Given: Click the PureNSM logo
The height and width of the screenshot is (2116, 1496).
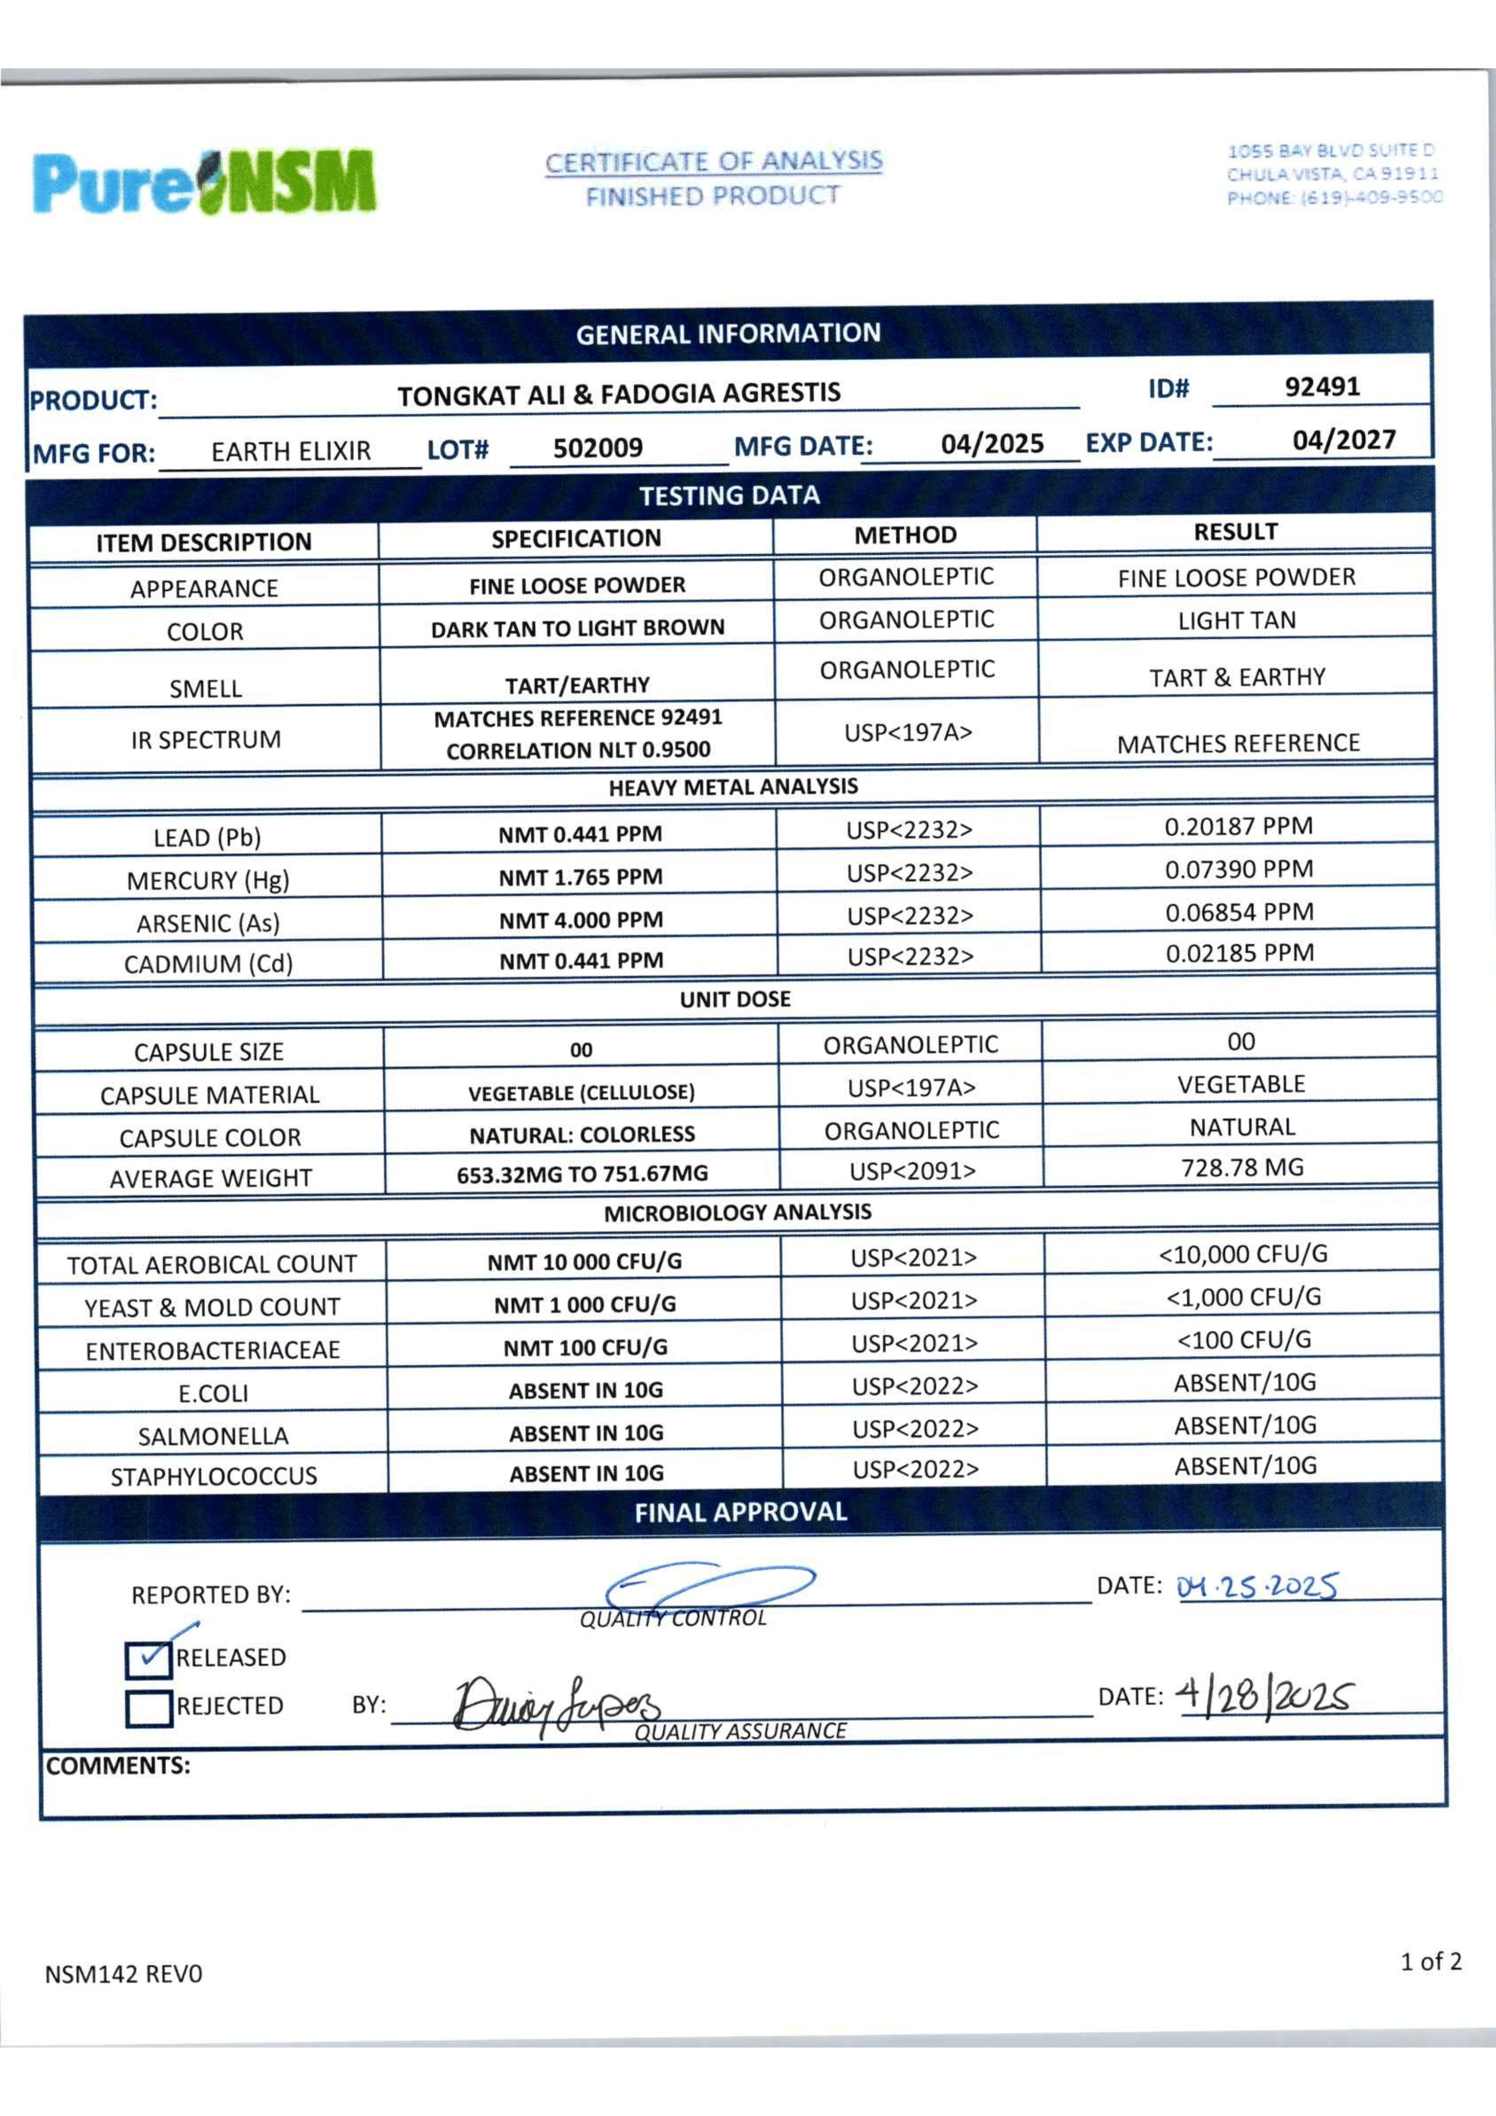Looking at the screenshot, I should [x=205, y=181].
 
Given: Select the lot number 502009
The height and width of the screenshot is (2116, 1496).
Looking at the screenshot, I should [x=597, y=448].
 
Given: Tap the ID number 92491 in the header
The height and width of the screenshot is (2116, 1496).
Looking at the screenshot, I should [x=1322, y=387].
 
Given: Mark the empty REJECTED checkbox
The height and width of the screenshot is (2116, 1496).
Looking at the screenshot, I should [x=148, y=1708].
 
